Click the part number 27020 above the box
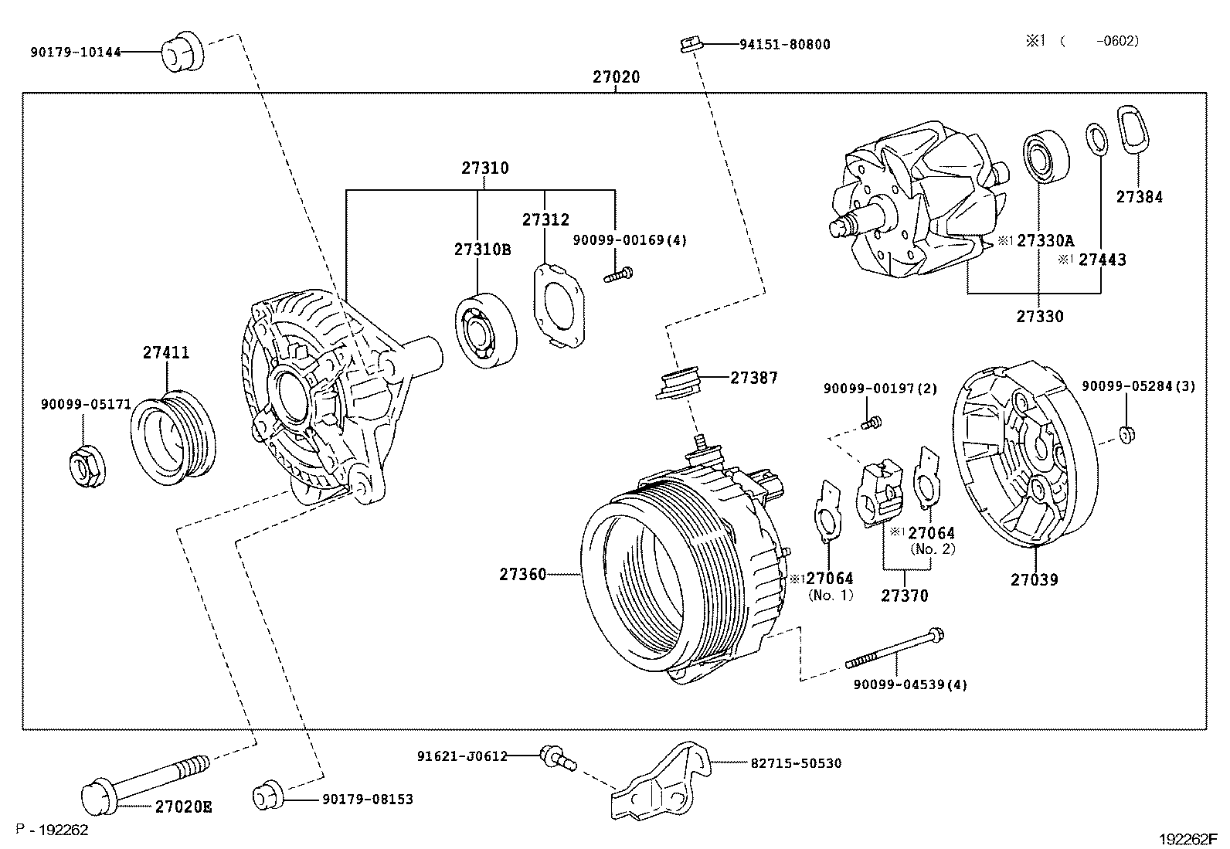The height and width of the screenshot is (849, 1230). (x=616, y=77)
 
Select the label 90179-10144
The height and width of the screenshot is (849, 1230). (x=76, y=53)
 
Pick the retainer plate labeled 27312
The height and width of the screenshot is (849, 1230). (x=559, y=305)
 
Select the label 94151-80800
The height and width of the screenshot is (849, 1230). (x=784, y=45)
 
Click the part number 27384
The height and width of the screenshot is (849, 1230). (x=1139, y=197)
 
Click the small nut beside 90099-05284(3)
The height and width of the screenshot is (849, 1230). (x=1127, y=433)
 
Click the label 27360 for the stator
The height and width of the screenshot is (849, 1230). (x=522, y=574)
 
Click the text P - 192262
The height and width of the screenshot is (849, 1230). (x=54, y=830)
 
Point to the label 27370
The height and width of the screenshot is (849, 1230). (x=905, y=596)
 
